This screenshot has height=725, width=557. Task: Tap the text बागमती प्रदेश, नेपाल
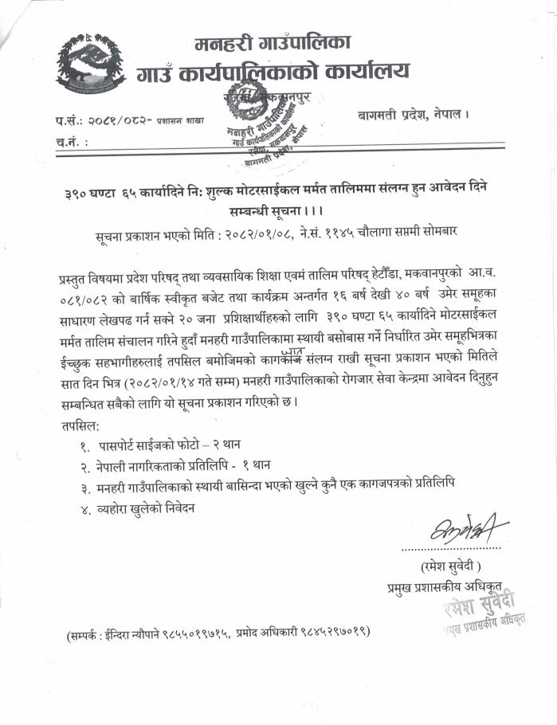point(412,115)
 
